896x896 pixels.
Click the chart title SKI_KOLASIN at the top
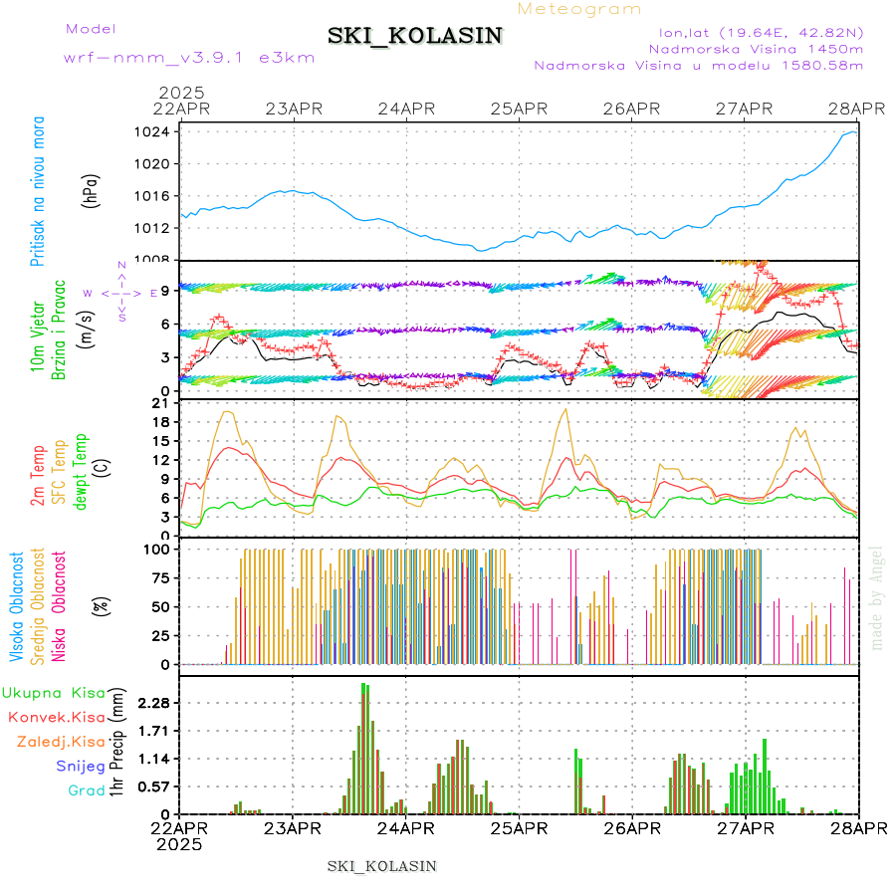pos(415,36)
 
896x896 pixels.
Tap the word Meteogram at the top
pos(580,9)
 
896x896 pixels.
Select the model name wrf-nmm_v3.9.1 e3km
pos(189,57)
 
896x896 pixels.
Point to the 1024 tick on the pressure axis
pos(152,131)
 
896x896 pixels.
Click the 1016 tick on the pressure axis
pos(152,196)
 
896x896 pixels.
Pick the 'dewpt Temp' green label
pos(82,469)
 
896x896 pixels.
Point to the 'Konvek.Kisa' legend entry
pos(56,717)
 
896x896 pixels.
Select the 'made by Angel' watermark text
pos(877,597)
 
